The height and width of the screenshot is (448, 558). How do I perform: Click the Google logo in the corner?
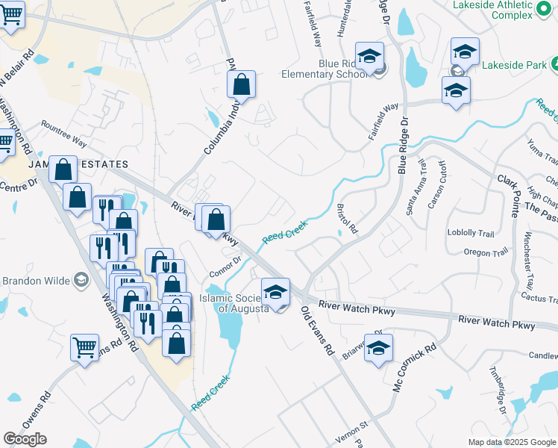pyautogui.click(x=25, y=438)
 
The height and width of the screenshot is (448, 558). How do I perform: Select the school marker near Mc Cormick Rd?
pyautogui.click(x=378, y=349)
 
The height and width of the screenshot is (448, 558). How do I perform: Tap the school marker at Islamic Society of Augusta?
pyautogui.click(x=275, y=293)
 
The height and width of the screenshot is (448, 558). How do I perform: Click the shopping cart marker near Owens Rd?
pyautogui.click(x=85, y=347)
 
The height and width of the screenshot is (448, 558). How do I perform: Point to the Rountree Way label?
pyautogui.click(x=63, y=134)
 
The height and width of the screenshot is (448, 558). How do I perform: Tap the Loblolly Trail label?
pyautogui.click(x=471, y=232)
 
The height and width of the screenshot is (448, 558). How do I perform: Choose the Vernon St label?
pyautogui.click(x=354, y=424)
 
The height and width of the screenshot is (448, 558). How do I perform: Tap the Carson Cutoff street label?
pyautogui.click(x=436, y=185)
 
